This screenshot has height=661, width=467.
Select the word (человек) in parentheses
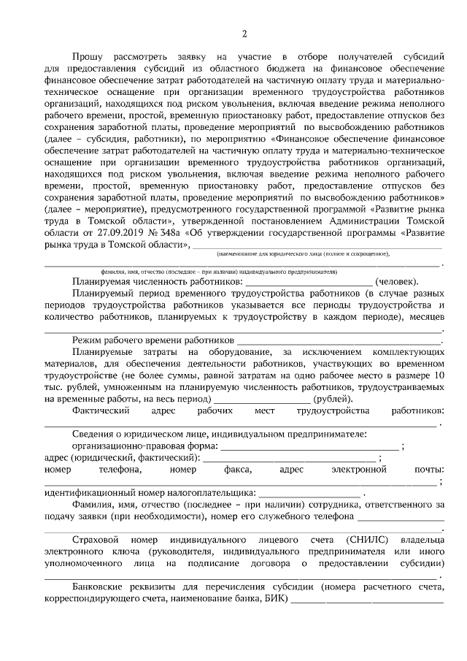396,281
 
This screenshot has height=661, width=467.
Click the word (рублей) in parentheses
333,399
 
